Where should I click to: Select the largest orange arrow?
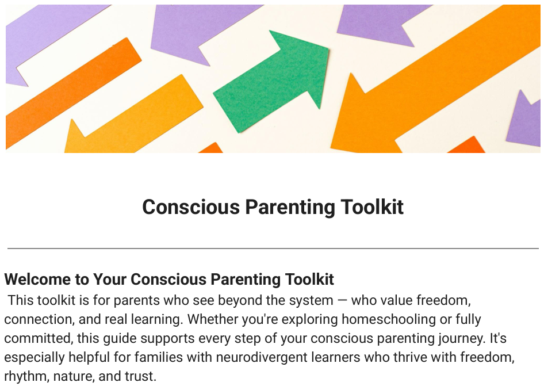434,80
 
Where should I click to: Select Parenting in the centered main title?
290,208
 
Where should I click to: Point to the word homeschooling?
389,319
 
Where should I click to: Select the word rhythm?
26,376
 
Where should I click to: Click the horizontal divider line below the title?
273,248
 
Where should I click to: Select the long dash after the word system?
342,300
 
